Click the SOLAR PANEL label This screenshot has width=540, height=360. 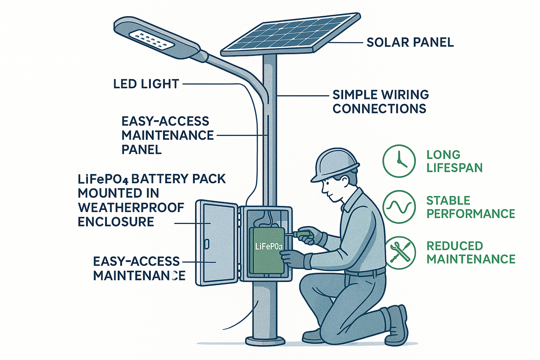pos(410,42)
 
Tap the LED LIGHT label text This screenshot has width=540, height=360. pos(146,84)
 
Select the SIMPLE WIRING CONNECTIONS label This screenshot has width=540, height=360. pos(381,102)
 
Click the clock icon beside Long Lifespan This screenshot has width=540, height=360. pos(399,161)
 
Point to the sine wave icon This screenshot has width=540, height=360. pos(399,207)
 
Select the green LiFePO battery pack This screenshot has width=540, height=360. pos(268,251)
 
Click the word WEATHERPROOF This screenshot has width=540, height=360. pos(131,207)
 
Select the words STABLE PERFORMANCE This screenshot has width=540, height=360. pos(470,207)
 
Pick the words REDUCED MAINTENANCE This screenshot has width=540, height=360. pos(471,252)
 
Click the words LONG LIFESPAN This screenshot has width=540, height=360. pos(454,161)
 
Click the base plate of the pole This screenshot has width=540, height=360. pos(265,341)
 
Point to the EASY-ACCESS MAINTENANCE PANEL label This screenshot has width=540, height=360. pos(167,135)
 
